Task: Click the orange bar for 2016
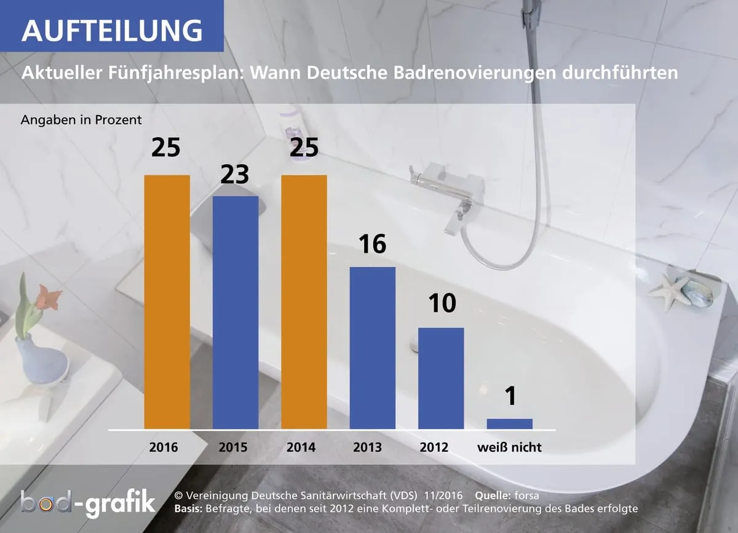(167, 302)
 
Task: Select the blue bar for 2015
(236, 312)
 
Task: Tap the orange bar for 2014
(304, 302)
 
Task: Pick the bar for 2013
(372, 348)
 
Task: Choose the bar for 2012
(441, 378)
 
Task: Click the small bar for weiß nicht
(509, 423)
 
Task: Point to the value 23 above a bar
(235, 175)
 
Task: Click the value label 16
(372, 245)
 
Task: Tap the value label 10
(440, 305)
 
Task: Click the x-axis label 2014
(301, 447)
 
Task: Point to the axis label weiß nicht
(509, 447)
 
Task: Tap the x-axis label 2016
(164, 447)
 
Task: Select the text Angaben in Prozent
(81, 119)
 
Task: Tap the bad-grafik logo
(87, 504)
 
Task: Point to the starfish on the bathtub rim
(670, 292)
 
